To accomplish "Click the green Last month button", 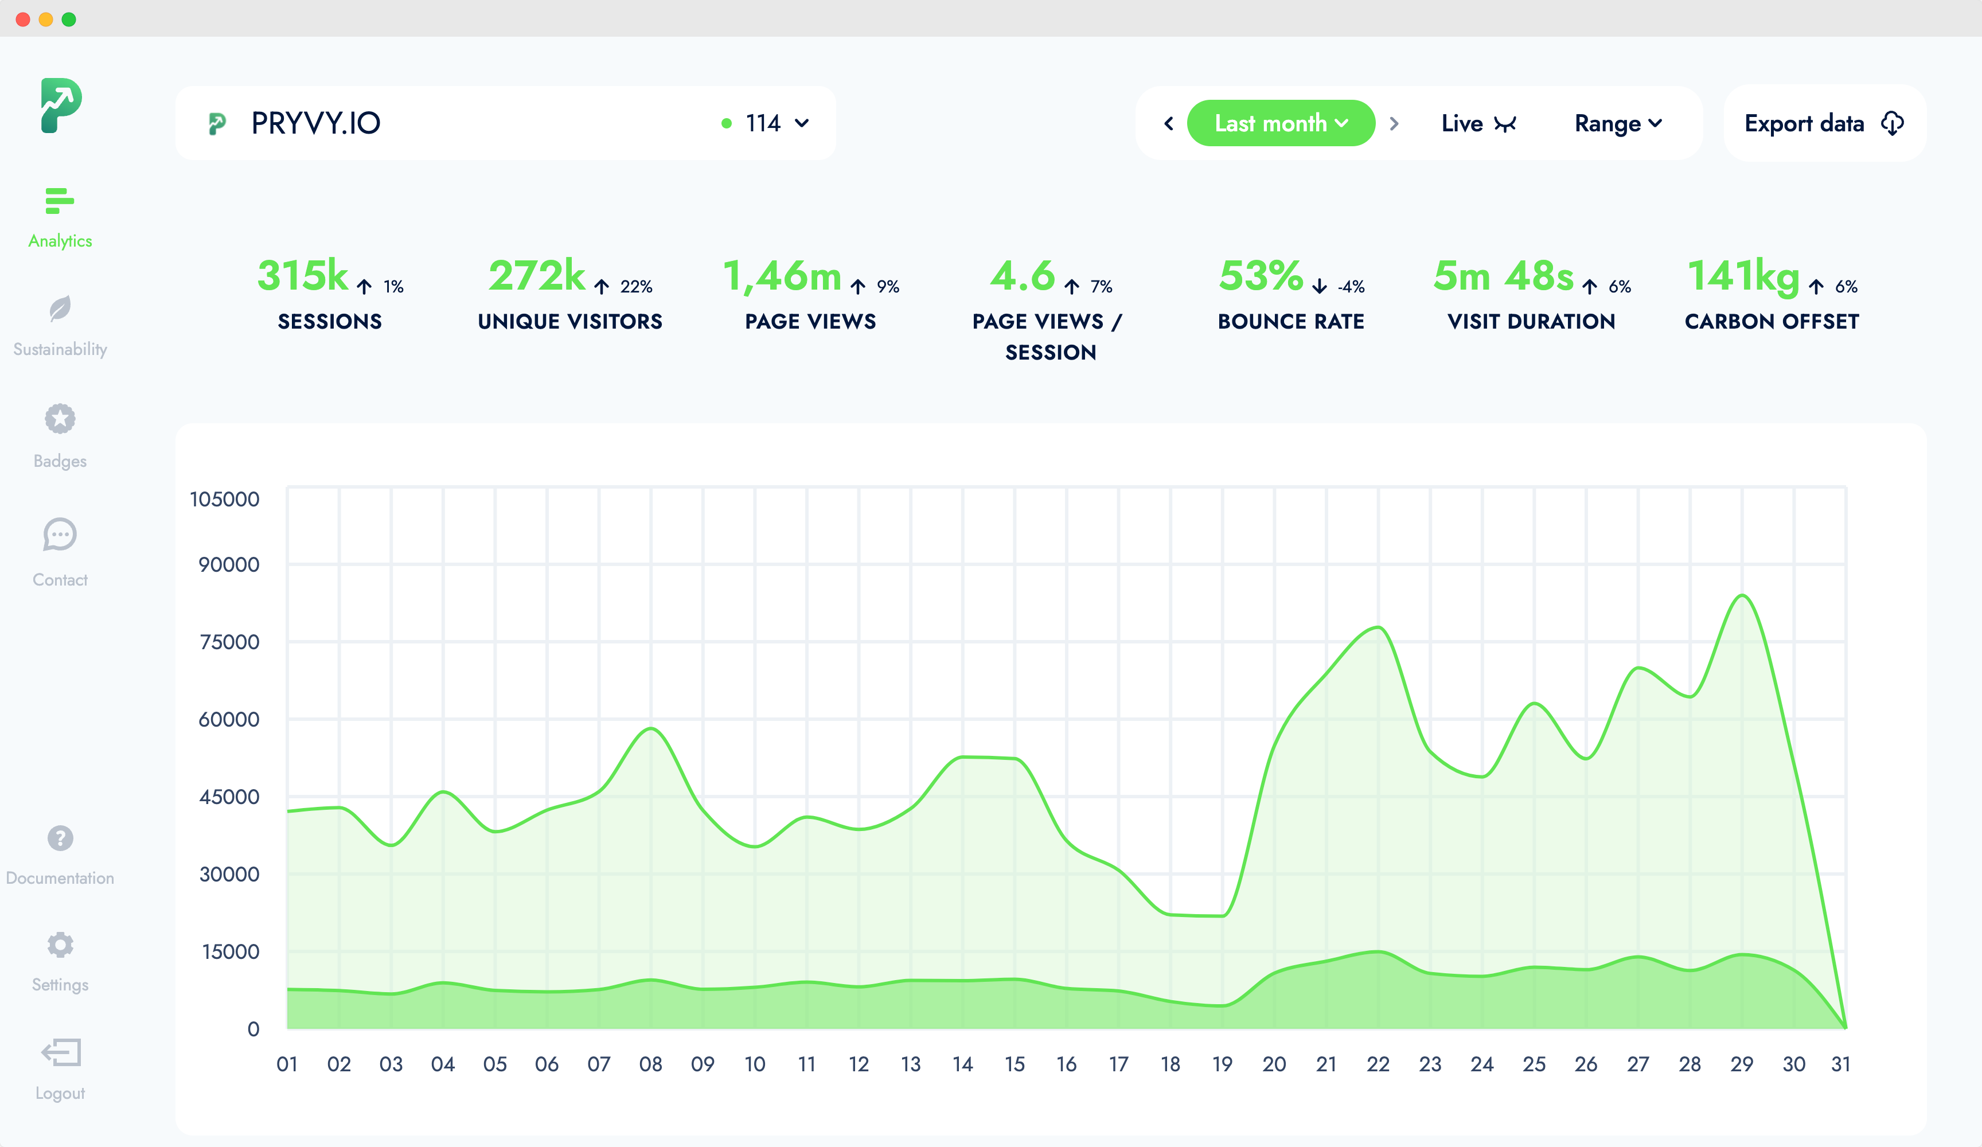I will pyautogui.click(x=1279, y=123).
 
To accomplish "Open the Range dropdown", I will pyautogui.click(x=1617, y=123).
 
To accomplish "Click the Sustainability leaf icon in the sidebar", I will pyautogui.click(x=60, y=309).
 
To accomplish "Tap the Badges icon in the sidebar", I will pyautogui.click(x=60, y=419).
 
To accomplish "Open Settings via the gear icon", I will pyautogui.click(x=60, y=944).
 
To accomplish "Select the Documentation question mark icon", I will pyautogui.click(x=60, y=838).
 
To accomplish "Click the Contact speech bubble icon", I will pyautogui.click(x=60, y=535).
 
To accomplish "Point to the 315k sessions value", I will pyautogui.click(x=303, y=276).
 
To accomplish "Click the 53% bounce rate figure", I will pyautogui.click(x=1261, y=276).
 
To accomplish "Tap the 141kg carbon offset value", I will pyautogui.click(x=1743, y=276).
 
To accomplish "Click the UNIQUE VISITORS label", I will pyautogui.click(x=570, y=321).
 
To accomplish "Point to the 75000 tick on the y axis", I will pyautogui.click(x=229, y=642).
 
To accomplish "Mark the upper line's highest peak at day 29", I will pyautogui.click(x=1743, y=595).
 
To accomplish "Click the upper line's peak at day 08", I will pyautogui.click(x=651, y=728).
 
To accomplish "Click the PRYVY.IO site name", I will pyautogui.click(x=315, y=123).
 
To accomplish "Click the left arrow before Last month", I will pyautogui.click(x=1169, y=123).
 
